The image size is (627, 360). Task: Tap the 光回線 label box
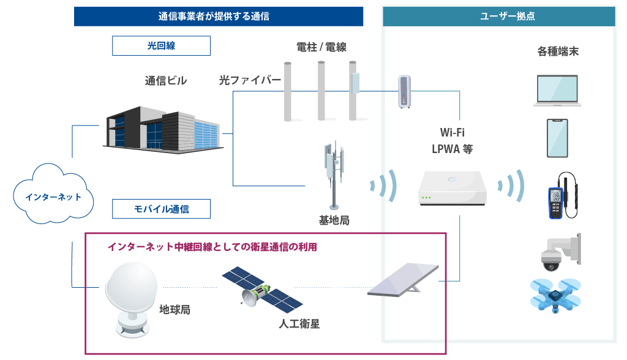coord(161,46)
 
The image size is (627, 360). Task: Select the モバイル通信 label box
coord(161,209)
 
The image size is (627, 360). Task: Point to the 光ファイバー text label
coord(250,80)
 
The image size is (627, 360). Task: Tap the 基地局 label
coord(334,220)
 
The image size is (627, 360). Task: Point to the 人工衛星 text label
coord(299,324)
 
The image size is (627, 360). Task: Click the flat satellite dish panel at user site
coord(404,279)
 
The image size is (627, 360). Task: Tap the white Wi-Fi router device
coord(452,189)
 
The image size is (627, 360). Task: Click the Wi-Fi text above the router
coord(452,132)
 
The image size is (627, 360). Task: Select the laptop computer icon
coord(556,91)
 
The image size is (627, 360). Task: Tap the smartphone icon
coord(557,138)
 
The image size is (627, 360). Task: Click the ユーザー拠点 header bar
coord(499,17)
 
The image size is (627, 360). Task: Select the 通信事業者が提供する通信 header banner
coord(219,17)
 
